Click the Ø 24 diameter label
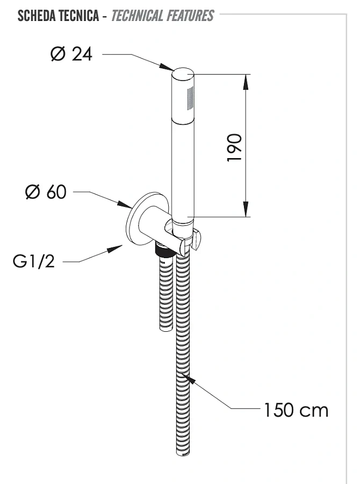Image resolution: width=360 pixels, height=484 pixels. [x=72, y=54]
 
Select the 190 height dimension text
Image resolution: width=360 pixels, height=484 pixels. [x=234, y=147]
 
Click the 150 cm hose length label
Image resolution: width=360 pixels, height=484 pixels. [x=296, y=410]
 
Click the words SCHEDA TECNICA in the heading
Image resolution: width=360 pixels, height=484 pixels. [x=58, y=16]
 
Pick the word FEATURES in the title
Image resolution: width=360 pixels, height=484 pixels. [x=190, y=16]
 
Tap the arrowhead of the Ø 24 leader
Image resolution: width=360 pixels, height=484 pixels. [x=167, y=67]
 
